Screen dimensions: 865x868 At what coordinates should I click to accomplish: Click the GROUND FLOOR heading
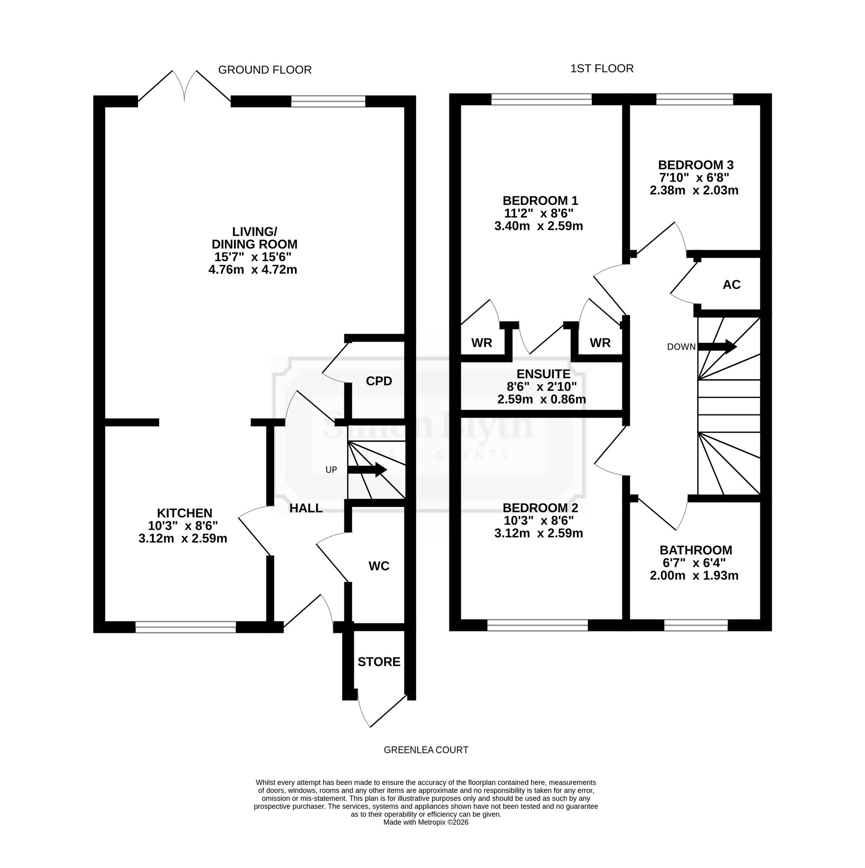265,70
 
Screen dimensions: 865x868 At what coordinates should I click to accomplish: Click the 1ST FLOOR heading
602,69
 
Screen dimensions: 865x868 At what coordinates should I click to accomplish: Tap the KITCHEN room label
184,513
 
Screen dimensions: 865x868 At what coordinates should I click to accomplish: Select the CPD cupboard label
379,381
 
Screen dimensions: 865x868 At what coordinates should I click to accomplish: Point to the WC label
379,567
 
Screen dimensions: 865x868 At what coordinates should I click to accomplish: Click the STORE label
379,662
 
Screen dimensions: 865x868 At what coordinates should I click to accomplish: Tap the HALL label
306,508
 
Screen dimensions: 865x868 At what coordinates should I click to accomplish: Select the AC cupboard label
731,285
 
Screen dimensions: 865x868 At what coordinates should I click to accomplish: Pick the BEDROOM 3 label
695,165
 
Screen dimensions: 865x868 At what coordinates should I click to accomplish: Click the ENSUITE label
543,374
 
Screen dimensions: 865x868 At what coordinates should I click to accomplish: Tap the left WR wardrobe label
482,343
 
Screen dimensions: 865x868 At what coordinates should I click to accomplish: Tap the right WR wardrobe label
600,343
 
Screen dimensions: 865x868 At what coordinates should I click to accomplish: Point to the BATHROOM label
695,551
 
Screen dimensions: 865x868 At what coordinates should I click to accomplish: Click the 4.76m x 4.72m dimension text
253,270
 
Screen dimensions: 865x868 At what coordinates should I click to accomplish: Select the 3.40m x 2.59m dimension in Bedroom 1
539,226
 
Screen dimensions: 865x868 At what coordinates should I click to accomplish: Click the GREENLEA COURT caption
426,750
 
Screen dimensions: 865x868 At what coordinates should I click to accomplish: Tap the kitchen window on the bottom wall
186,627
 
